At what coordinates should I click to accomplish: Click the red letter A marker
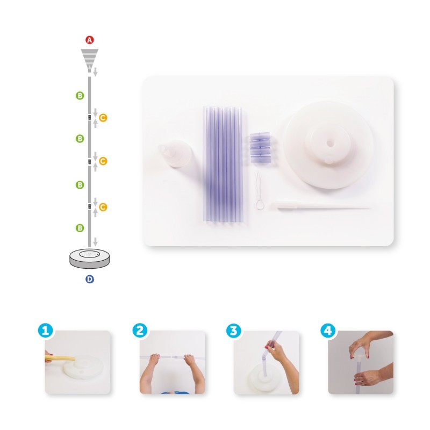coord(89,40)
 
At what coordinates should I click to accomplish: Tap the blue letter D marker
coord(90,279)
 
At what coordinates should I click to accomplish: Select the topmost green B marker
coord(80,96)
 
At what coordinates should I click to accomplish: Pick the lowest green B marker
coord(80,228)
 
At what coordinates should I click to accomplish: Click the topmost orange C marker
coord(103,118)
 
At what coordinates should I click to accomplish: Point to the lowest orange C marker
coord(103,207)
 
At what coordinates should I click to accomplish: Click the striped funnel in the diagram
coord(89,60)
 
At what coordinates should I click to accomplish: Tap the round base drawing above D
coord(89,259)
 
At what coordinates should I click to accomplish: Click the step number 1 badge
coord(46,331)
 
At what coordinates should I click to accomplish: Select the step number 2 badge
coord(140,331)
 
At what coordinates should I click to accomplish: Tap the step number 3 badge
coord(234,331)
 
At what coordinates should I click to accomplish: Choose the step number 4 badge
coord(328,331)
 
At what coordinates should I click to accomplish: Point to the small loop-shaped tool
coord(259,191)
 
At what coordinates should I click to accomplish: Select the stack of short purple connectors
coord(261,148)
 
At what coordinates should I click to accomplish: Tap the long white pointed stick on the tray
coord(319,206)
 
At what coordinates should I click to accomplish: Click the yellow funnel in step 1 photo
coord(60,358)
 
